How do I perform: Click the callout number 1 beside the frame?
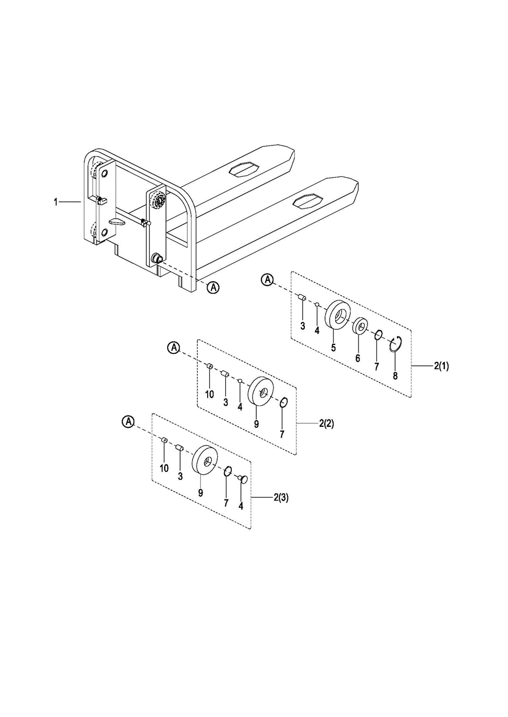point(56,201)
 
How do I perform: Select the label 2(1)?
point(441,366)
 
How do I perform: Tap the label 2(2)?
point(326,423)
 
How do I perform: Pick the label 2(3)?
point(281,498)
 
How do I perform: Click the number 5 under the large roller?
point(333,348)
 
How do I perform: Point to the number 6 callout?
point(357,358)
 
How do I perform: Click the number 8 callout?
point(395,375)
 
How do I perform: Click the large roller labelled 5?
point(338,315)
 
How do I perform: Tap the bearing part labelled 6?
point(360,326)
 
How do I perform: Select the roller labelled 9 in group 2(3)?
point(205,459)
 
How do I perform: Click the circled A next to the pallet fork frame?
point(213,287)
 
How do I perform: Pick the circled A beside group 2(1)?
point(268,279)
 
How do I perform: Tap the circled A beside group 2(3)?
point(129,421)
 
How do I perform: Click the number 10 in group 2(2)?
point(209,394)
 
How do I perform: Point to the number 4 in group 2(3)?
point(240,506)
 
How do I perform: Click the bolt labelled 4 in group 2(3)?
point(243,479)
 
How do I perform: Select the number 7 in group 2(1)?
point(376,366)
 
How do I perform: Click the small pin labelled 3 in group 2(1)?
point(302,296)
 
